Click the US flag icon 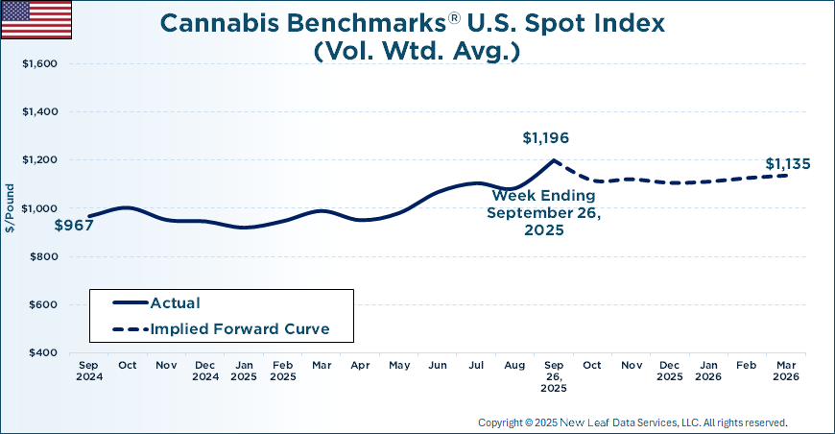(36, 19)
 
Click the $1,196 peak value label (545, 138)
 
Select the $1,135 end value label (788, 164)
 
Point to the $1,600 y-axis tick (41, 64)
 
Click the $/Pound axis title (12, 207)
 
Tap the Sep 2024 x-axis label (87, 372)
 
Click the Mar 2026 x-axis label (786, 372)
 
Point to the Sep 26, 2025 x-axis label (554, 376)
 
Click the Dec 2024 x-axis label (204, 372)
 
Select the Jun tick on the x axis (437, 366)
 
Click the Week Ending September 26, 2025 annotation (543, 212)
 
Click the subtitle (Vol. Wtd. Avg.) (417, 51)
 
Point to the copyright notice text (632, 422)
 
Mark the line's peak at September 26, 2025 (554, 160)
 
